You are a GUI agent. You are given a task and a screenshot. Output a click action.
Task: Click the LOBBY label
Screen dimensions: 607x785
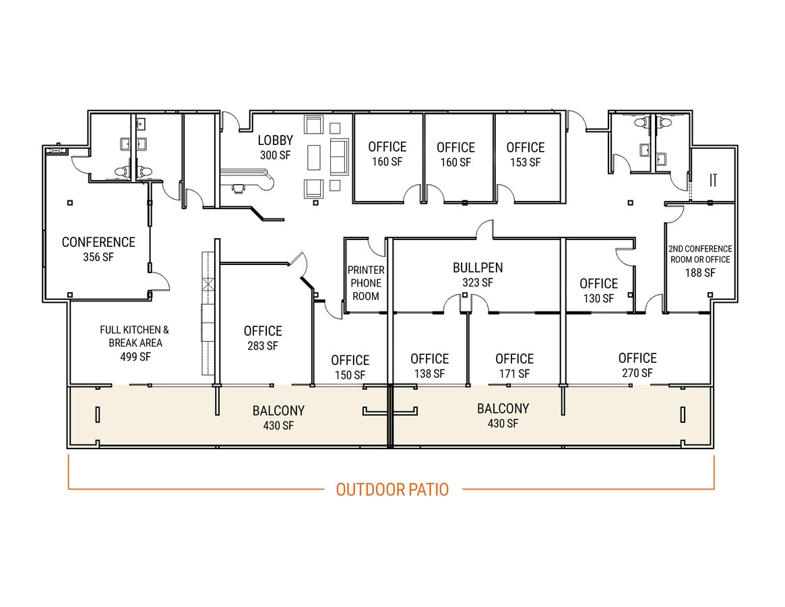pyautogui.click(x=276, y=140)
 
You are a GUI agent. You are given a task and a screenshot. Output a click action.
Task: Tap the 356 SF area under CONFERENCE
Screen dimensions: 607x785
pyautogui.click(x=98, y=257)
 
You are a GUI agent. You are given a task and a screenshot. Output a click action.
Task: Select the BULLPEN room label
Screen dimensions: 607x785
pyautogui.click(x=477, y=268)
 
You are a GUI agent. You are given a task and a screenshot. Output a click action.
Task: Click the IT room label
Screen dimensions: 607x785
pyautogui.click(x=713, y=179)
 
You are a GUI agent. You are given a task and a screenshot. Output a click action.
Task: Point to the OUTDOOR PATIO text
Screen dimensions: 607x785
pyautogui.click(x=392, y=490)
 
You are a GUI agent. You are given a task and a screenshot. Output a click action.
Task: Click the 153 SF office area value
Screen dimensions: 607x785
pyautogui.click(x=525, y=163)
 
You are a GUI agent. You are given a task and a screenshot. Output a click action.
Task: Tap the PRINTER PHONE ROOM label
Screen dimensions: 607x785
pyautogui.click(x=366, y=283)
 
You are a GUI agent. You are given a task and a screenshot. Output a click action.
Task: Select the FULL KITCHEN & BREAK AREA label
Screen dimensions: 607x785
pyautogui.click(x=135, y=336)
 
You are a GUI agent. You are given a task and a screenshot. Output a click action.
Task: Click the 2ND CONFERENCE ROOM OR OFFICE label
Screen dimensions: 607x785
pyautogui.click(x=700, y=254)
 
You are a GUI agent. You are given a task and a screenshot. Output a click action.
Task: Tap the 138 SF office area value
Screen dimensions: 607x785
pyautogui.click(x=429, y=374)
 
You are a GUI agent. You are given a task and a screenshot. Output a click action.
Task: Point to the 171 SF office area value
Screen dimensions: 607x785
pyautogui.click(x=514, y=374)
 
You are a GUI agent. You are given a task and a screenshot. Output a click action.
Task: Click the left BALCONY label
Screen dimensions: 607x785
pyautogui.click(x=278, y=410)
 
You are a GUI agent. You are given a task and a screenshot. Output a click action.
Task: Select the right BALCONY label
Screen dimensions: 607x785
pyautogui.click(x=503, y=408)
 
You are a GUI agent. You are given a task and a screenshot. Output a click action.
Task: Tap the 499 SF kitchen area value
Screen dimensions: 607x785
pyautogui.click(x=135, y=357)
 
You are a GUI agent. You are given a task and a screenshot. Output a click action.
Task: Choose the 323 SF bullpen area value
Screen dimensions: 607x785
pyautogui.click(x=477, y=283)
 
